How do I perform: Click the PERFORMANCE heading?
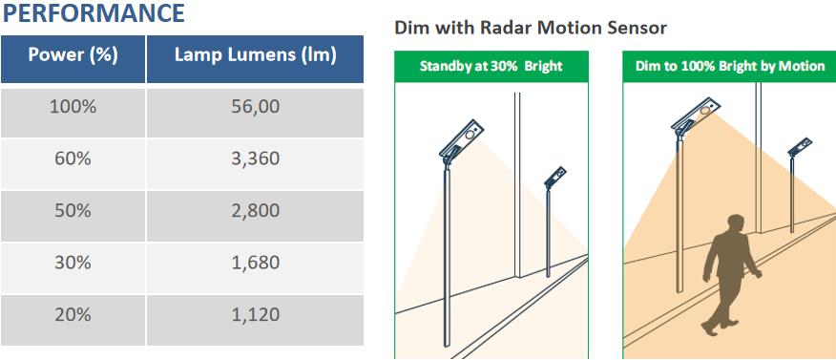(x=94, y=12)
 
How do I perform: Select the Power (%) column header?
(x=73, y=58)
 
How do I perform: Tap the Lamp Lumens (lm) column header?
(x=256, y=58)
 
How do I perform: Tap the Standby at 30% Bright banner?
(x=491, y=66)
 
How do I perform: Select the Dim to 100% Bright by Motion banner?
(x=729, y=66)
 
